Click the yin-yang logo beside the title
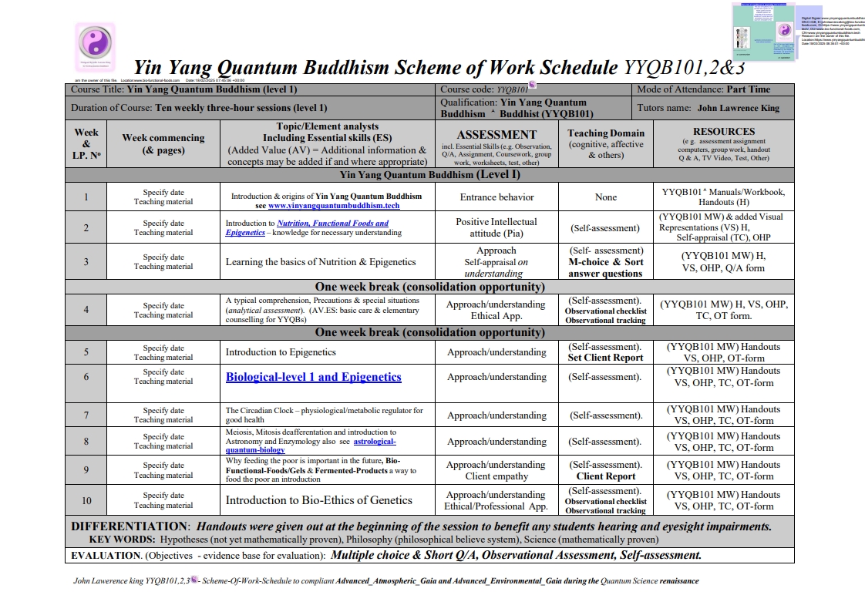point(96,42)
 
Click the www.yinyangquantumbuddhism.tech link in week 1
point(334,206)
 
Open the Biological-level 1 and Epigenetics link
point(313,377)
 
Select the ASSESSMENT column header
point(496,134)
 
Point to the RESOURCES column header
point(723,132)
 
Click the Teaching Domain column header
point(606,133)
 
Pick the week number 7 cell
point(86,415)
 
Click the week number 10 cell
point(86,500)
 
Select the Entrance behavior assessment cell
point(496,197)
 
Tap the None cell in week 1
point(606,197)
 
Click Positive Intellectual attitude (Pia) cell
point(496,227)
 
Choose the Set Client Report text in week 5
point(605,358)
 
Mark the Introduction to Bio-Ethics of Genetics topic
point(318,500)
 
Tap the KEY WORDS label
point(122,540)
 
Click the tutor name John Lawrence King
point(738,109)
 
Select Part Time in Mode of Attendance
point(748,89)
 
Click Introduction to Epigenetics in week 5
point(281,352)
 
